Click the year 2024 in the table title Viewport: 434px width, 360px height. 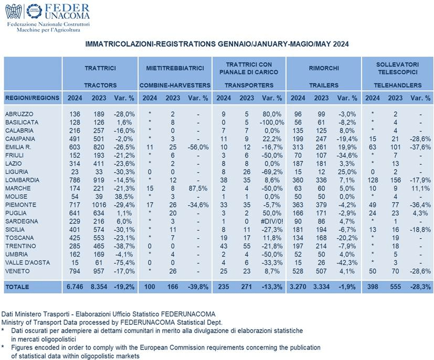pos(341,44)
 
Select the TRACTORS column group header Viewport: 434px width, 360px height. pos(100,85)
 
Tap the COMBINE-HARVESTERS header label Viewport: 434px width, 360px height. pos(175,85)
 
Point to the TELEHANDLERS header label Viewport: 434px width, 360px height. pos(398,85)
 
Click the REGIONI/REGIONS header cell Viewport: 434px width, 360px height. pos(33,98)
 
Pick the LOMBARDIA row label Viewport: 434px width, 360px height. pos(22,180)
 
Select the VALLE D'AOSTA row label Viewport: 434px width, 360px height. pos(27,262)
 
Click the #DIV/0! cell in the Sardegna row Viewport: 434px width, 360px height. pos(271,221)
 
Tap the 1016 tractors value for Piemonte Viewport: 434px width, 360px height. pos(99,205)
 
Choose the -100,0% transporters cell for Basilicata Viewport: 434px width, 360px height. pos(272,122)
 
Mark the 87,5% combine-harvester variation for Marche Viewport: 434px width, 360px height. pos(197,188)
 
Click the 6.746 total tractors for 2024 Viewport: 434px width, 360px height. pos(75,287)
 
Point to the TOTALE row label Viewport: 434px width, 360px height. pos(17,287)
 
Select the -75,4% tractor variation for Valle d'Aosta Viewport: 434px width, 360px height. pos(124,262)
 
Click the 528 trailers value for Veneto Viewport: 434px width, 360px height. pos(298,271)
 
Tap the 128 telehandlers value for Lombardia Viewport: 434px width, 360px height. pos(373,180)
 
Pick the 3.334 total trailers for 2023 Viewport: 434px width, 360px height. pos(321,287)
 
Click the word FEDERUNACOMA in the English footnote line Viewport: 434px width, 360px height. pos(147,322)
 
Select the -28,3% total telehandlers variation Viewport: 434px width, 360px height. pos(420,287)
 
